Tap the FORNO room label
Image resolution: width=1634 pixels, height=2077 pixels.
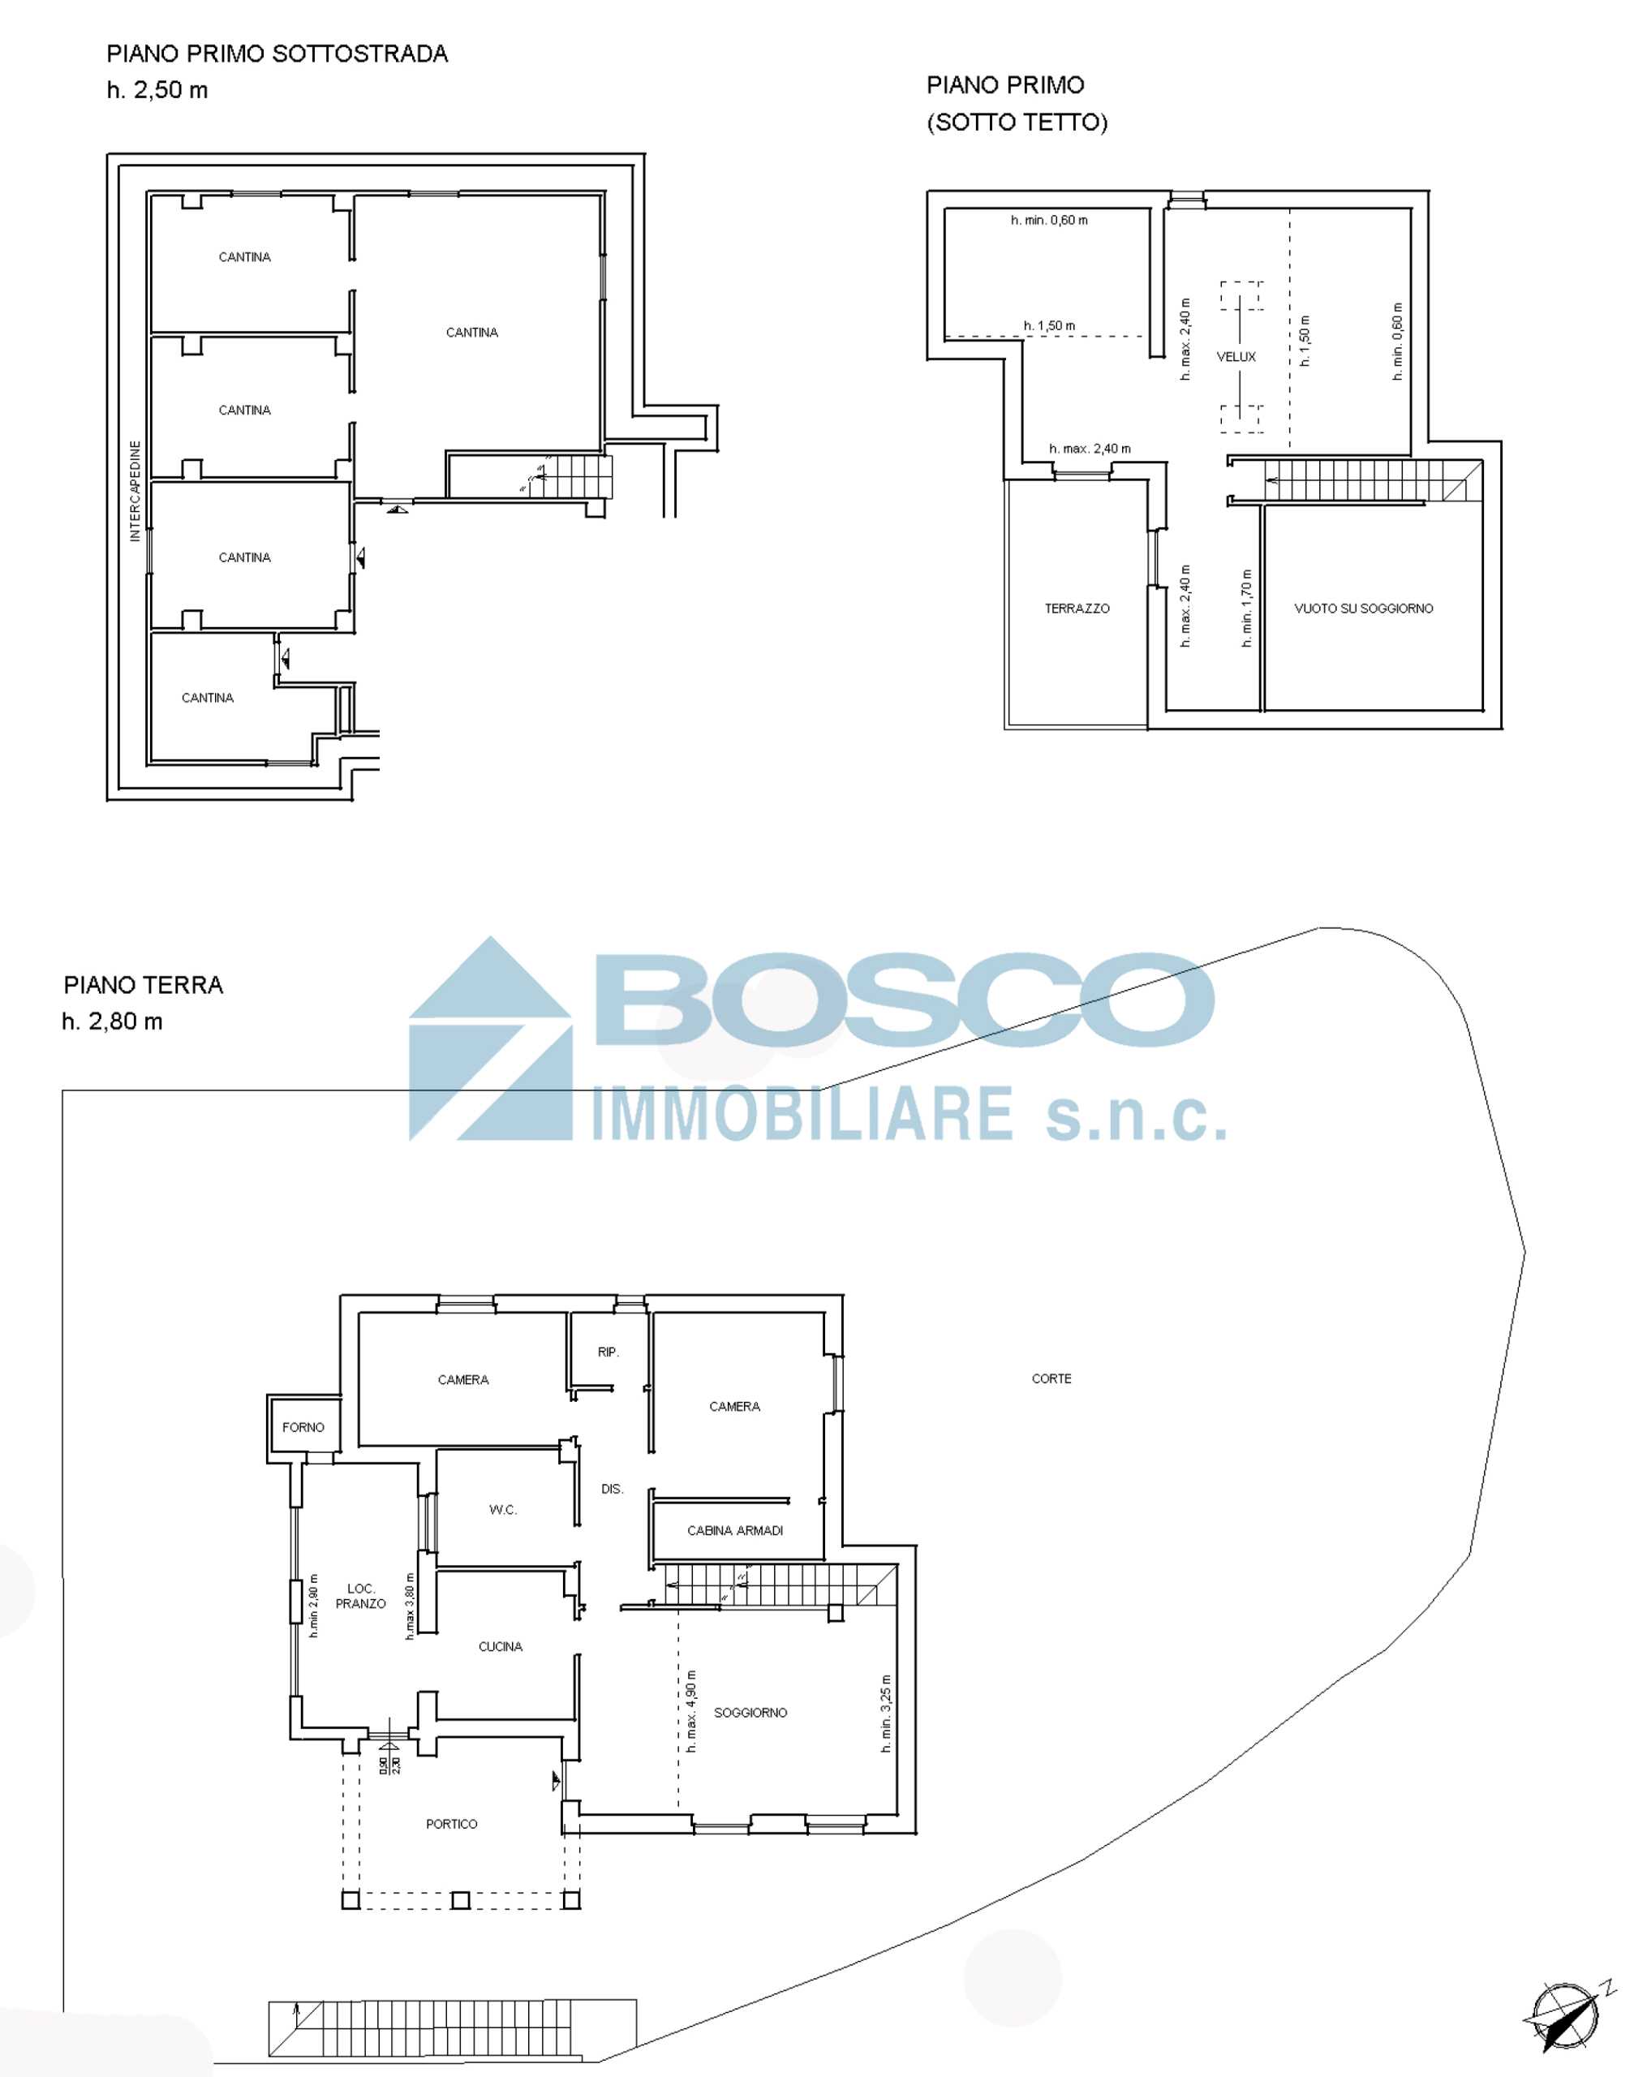(303, 1426)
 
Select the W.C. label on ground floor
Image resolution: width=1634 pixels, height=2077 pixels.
(503, 1510)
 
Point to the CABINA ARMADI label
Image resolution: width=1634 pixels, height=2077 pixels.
(735, 1531)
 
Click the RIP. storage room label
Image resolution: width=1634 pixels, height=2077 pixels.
(608, 1352)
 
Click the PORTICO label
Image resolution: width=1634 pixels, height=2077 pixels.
(452, 1825)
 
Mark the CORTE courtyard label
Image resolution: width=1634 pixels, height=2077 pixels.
(1051, 1378)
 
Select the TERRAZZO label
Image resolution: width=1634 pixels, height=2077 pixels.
(1077, 608)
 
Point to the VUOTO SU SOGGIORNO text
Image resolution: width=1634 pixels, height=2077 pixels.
(1363, 608)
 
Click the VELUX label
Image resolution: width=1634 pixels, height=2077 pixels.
(1236, 357)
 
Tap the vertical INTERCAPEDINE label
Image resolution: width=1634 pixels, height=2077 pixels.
(135, 491)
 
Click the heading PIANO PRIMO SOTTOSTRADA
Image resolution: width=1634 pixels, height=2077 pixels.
(277, 54)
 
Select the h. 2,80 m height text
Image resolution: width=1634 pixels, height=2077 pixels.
(112, 1021)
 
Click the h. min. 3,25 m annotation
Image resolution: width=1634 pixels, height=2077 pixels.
(887, 1714)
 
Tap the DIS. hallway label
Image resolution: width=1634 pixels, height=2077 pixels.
(613, 1489)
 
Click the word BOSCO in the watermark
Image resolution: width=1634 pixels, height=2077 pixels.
(904, 1000)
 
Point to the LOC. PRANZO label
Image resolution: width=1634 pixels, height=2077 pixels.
(361, 1596)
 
